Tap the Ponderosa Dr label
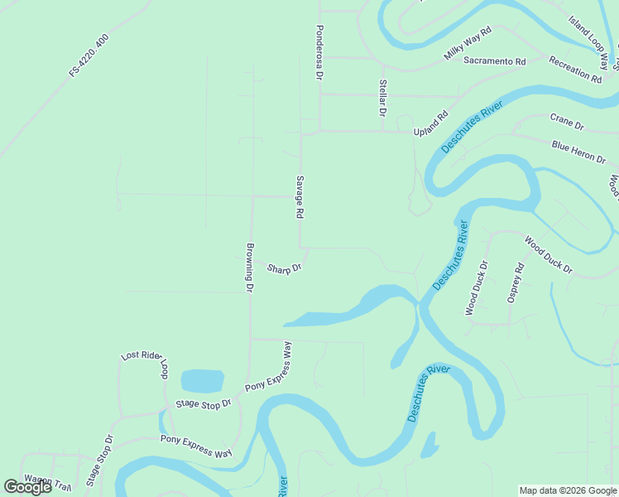pos(318,52)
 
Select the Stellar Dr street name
pos(382,97)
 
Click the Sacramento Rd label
pos(495,61)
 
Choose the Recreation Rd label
pos(574,71)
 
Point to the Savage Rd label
pos(299,196)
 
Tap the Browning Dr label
pos(248,267)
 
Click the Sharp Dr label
pos(284,268)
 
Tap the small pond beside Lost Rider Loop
pos(202,381)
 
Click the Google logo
pos(27,487)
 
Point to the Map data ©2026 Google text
pos(568,490)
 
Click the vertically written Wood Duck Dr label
pos(476,288)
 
